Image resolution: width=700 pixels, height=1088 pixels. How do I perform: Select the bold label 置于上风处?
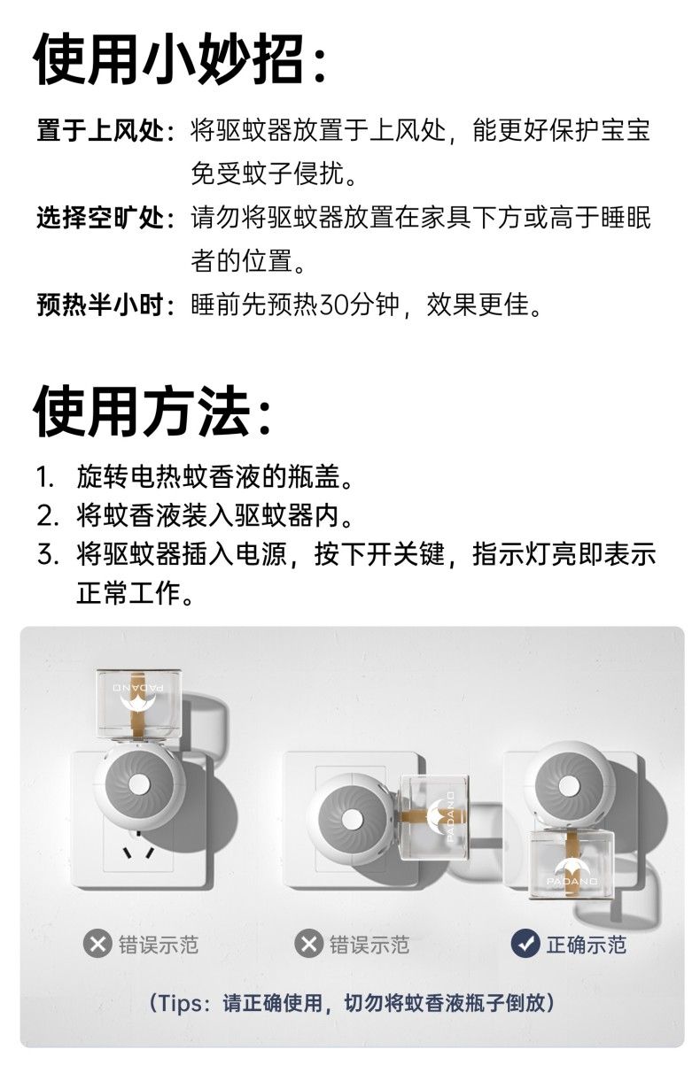(x=100, y=131)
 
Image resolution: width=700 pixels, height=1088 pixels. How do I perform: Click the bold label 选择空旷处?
(x=100, y=217)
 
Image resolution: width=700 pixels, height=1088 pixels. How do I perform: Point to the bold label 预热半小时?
(x=100, y=305)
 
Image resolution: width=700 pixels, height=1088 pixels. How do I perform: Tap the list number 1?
(x=45, y=477)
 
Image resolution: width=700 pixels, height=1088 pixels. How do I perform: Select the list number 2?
(x=47, y=516)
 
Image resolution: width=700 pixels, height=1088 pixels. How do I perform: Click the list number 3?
(x=47, y=555)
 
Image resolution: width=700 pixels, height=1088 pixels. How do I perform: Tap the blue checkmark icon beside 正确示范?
(x=525, y=945)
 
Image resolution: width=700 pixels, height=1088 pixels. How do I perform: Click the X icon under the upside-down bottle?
(x=97, y=945)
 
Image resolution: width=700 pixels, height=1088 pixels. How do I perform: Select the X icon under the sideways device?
(x=308, y=945)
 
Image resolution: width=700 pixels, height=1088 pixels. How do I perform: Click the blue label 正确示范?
(x=586, y=945)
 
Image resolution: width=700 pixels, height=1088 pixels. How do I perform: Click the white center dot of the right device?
(x=568, y=785)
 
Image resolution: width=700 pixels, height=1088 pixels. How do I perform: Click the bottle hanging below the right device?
(x=572, y=864)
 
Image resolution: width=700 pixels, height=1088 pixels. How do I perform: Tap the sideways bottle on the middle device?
(x=433, y=817)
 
